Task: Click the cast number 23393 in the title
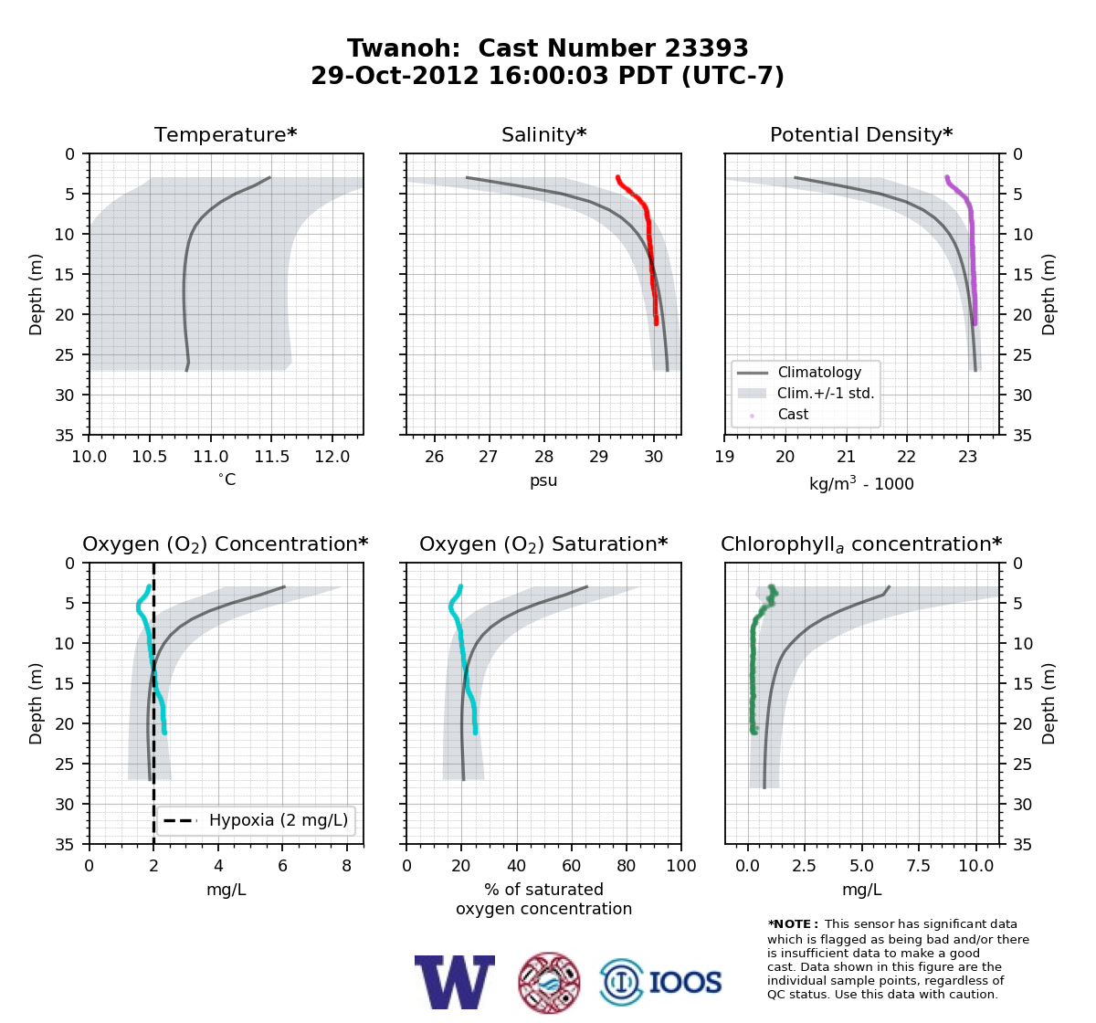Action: (x=706, y=48)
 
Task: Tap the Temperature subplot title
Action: (x=226, y=134)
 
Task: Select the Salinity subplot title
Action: (x=543, y=134)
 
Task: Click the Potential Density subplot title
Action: (x=861, y=134)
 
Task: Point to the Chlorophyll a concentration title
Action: (x=861, y=544)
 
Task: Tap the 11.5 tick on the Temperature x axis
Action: (x=271, y=457)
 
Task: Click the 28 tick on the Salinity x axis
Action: (x=543, y=457)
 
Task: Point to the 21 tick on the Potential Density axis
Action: (x=846, y=457)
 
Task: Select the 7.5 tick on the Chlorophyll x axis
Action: (x=918, y=866)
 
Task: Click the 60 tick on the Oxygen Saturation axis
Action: (x=571, y=866)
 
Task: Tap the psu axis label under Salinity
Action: (x=543, y=480)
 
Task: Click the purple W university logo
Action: (x=455, y=982)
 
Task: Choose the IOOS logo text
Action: (x=685, y=982)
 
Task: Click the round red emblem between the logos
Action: (x=549, y=983)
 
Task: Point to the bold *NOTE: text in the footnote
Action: (x=789, y=924)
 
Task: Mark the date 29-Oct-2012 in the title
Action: (x=395, y=76)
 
